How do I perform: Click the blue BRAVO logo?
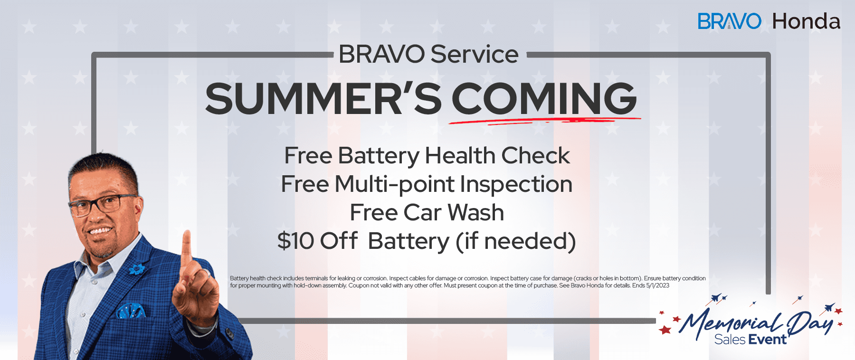(729, 21)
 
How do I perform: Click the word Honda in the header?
(806, 21)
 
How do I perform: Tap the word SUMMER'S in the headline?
(323, 99)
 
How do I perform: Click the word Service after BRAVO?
(475, 54)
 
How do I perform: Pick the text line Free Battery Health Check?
(427, 156)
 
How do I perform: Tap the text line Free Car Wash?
(427, 212)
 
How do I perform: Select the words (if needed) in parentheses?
(515, 241)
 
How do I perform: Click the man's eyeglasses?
(102, 204)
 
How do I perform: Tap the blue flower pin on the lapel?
(137, 269)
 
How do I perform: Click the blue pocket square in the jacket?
(130, 311)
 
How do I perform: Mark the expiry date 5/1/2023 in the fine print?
(657, 285)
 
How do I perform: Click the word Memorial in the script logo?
(731, 323)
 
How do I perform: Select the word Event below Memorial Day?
(767, 340)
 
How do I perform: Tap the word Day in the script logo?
(810, 323)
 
